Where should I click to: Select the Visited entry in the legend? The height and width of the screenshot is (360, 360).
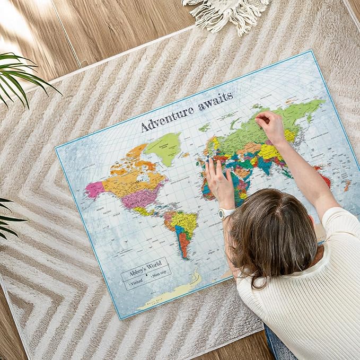(x=135, y=282)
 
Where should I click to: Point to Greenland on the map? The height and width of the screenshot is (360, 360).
(x=165, y=147)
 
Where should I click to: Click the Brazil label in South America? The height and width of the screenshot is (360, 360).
(x=188, y=218)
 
